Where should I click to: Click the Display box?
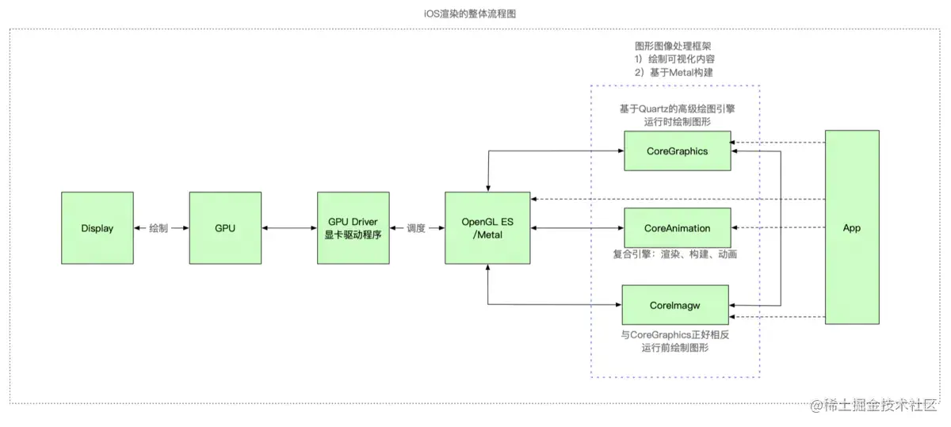(97, 228)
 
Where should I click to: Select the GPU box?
(225, 228)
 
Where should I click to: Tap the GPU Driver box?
(353, 228)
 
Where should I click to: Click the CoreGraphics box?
(677, 151)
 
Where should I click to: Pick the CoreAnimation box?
(677, 228)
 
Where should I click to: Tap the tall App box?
(852, 228)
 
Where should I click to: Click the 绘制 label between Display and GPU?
(158, 228)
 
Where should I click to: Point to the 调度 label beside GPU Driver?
(416, 228)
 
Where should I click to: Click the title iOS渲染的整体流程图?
(475, 13)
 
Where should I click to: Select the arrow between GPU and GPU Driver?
(288, 228)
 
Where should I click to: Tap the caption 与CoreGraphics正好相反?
(675, 335)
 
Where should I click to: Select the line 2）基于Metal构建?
(674, 73)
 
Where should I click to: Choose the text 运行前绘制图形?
(675, 349)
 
